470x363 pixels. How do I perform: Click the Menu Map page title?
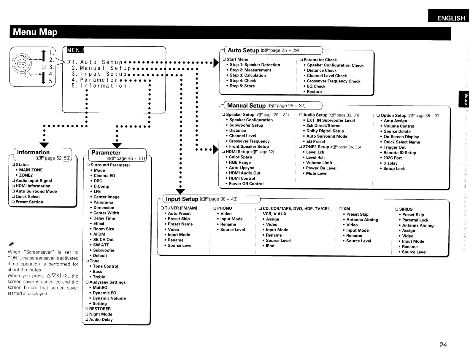35,32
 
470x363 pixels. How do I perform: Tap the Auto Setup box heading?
243,50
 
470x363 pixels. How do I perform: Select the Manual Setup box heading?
246,106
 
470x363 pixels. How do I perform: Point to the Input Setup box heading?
182,199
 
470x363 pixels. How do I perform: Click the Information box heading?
33,152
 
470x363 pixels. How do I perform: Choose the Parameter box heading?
106,153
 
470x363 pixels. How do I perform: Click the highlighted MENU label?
75,50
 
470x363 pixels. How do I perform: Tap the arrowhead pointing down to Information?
45,144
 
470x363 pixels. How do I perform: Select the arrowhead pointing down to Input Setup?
180,192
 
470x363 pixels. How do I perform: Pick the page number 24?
443,345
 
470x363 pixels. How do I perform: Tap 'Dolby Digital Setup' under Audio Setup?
325,131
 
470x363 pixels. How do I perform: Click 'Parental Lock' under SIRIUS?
415,220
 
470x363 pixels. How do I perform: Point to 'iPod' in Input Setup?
270,246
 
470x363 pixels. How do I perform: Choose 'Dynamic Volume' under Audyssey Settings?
109,298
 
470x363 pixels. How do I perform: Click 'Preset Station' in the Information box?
29,202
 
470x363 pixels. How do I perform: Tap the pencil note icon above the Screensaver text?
12,244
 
